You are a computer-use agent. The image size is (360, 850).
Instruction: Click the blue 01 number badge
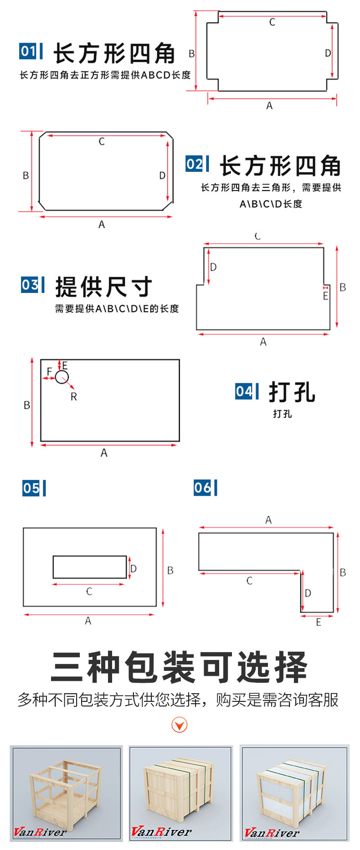click(28, 51)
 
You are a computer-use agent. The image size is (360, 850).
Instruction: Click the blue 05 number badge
click(31, 489)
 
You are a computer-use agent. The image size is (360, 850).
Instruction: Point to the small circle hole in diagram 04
click(62, 377)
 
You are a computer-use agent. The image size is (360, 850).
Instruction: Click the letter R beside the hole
click(74, 397)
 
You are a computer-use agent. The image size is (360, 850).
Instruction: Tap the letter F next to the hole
click(49, 371)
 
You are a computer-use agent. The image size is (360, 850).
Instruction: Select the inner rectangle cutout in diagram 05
click(90, 567)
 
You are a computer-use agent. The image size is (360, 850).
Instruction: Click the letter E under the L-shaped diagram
click(319, 622)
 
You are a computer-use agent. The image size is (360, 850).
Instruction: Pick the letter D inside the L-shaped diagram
click(308, 593)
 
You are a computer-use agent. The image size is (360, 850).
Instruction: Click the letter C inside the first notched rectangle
click(272, 22)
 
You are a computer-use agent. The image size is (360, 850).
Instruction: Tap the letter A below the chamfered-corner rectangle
click(102, 224)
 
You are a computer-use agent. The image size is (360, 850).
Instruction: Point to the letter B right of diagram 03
click(343, 287)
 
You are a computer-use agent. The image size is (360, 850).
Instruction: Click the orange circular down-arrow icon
click(180, 725)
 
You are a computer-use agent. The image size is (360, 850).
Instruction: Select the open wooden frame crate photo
click(67, 793)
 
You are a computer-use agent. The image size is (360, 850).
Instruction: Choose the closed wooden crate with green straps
click(180, 793)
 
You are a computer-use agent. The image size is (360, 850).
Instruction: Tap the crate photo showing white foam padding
click(294, 793)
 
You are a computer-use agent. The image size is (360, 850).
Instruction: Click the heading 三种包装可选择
click(180, 667)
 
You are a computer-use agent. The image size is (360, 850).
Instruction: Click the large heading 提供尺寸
click(104, 287)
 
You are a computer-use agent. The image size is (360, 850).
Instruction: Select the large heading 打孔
click(292, 392)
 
